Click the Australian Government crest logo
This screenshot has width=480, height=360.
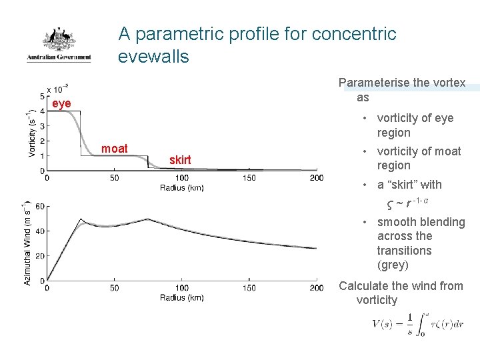coord(59,44)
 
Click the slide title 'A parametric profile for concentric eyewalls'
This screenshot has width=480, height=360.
coord(257,45)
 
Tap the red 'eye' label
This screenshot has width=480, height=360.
coord(61,104)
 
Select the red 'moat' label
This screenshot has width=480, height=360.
coord(114,149)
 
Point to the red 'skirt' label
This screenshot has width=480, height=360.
coord(180,160)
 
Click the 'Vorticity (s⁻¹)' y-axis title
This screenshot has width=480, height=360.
coord(32,133)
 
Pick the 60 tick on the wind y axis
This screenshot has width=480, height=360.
coord(39,206)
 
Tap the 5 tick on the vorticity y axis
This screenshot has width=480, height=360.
coord(41,97)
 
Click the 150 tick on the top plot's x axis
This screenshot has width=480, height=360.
coord(249,178)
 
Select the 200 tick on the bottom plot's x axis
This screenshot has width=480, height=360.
coord(317,288)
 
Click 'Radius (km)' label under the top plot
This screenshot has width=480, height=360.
coord(181,188)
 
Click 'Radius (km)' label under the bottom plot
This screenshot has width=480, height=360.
coord(181,297)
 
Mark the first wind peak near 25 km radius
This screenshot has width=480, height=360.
coord(81,219)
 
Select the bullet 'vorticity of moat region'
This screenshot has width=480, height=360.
coord(419,159)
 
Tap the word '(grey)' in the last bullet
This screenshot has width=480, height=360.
coord(393,265)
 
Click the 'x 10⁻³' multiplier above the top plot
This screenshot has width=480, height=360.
coord(59,89)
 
